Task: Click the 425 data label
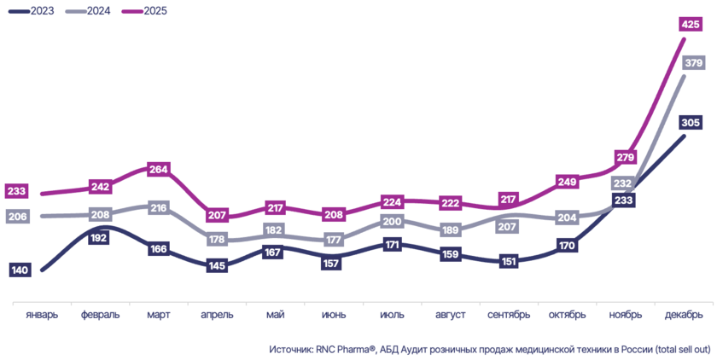pos(691,24)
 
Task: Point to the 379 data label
pos(692,63)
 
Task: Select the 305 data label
pos(692,123)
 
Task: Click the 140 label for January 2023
pos(21,270)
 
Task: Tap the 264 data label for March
pos(160,170)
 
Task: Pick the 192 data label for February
pos(98,239)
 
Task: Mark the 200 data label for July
pos(392,222)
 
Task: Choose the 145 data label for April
pos(216,266)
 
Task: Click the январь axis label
pos(42,315)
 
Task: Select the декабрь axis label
pos(683,315)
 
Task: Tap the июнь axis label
pos(334,315)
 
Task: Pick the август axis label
pos(450,315)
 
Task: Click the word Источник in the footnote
pos(294,350)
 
